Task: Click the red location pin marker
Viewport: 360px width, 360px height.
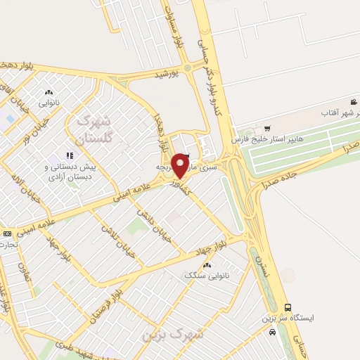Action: coord(181,164)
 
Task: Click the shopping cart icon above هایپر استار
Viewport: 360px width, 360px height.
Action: coord(266,127)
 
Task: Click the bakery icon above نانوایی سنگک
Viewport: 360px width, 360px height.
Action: coord(206,265)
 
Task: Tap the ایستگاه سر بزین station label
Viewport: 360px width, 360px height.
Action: coord(289,318)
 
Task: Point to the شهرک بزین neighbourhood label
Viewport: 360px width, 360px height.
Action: coord(173,333)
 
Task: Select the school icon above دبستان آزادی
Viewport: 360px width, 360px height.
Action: coord(69,155)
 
